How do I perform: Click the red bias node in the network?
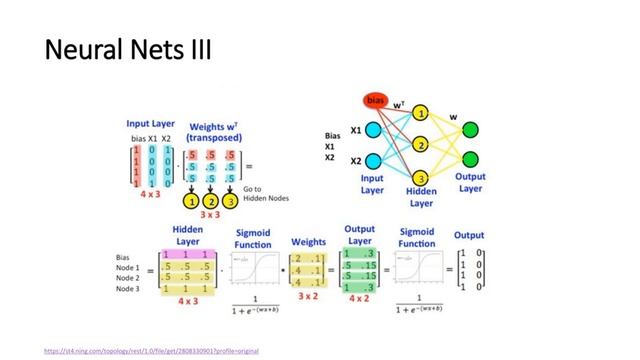tap(376, 101)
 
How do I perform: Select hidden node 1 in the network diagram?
tap(421, 114)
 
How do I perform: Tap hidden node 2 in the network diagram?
tap(421, 145)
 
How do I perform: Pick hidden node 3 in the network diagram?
tap(421, 177)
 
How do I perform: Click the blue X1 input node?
tap(373, 130)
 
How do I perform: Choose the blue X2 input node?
tap(373, 160)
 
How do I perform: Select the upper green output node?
tap(470, 130)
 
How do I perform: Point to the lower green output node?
tap(470, 160)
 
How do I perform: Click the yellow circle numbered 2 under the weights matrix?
tap(211, 199)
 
